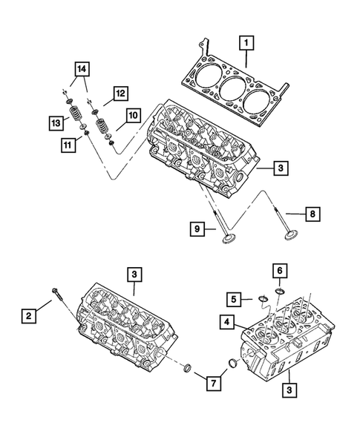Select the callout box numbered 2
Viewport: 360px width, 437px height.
tap(28, 317)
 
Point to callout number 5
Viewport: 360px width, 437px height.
tap(234, 299)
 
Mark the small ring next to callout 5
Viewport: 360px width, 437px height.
tap(262, 300)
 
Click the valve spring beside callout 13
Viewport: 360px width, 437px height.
tap(74, 119)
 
